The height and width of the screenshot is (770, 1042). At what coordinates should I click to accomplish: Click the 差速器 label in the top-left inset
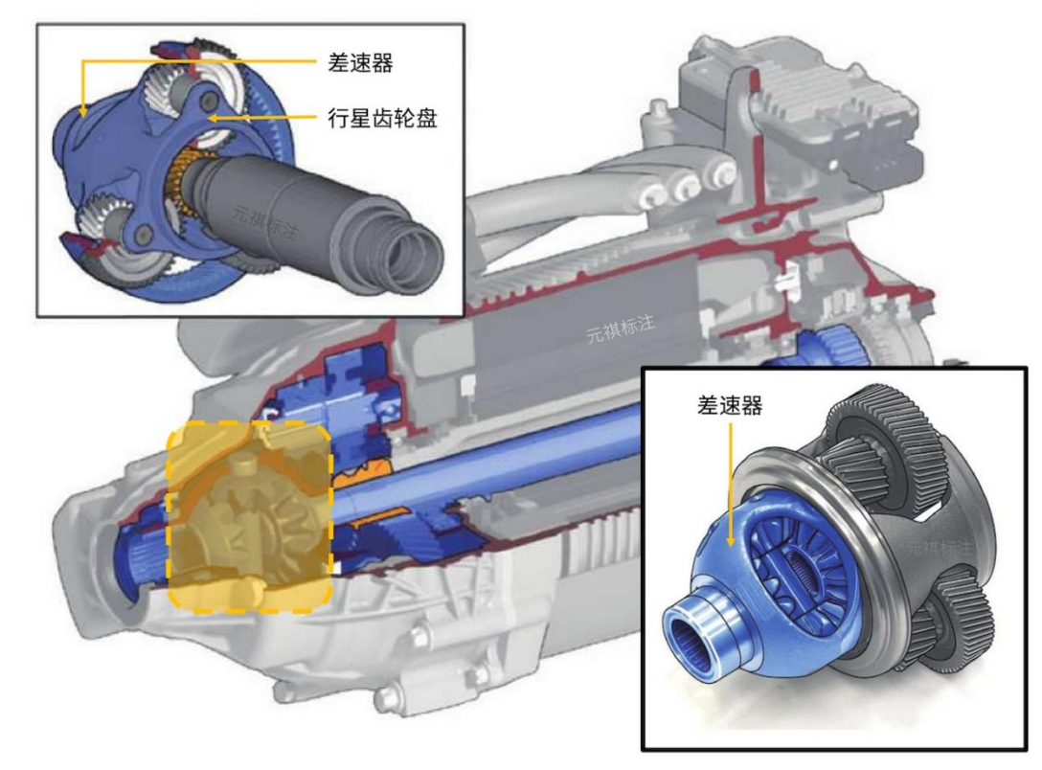click(x=360, y=63)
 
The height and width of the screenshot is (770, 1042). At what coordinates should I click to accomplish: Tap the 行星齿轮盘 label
click(x=382, y=118)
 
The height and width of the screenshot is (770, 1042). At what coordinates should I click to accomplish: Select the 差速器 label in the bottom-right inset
click(x=730, y=405)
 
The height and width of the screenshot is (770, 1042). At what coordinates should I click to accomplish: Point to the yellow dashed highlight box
click(x=249, y=422)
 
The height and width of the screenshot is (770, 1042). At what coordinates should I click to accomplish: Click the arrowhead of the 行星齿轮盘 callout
click(x=212, y=118)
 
